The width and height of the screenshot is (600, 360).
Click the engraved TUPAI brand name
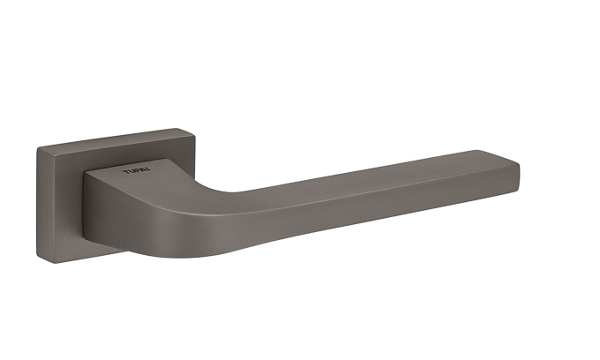coord(136,170)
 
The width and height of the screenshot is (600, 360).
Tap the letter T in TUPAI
coord(125,172)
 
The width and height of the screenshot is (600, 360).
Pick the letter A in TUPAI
coord(142,170)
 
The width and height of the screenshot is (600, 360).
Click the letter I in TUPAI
coord(148,169)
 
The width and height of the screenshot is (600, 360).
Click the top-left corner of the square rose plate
coord(37,148)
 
